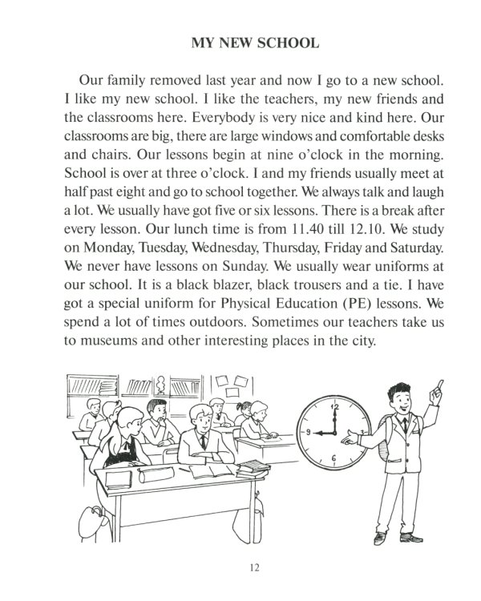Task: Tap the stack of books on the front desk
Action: coord(251,465)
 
